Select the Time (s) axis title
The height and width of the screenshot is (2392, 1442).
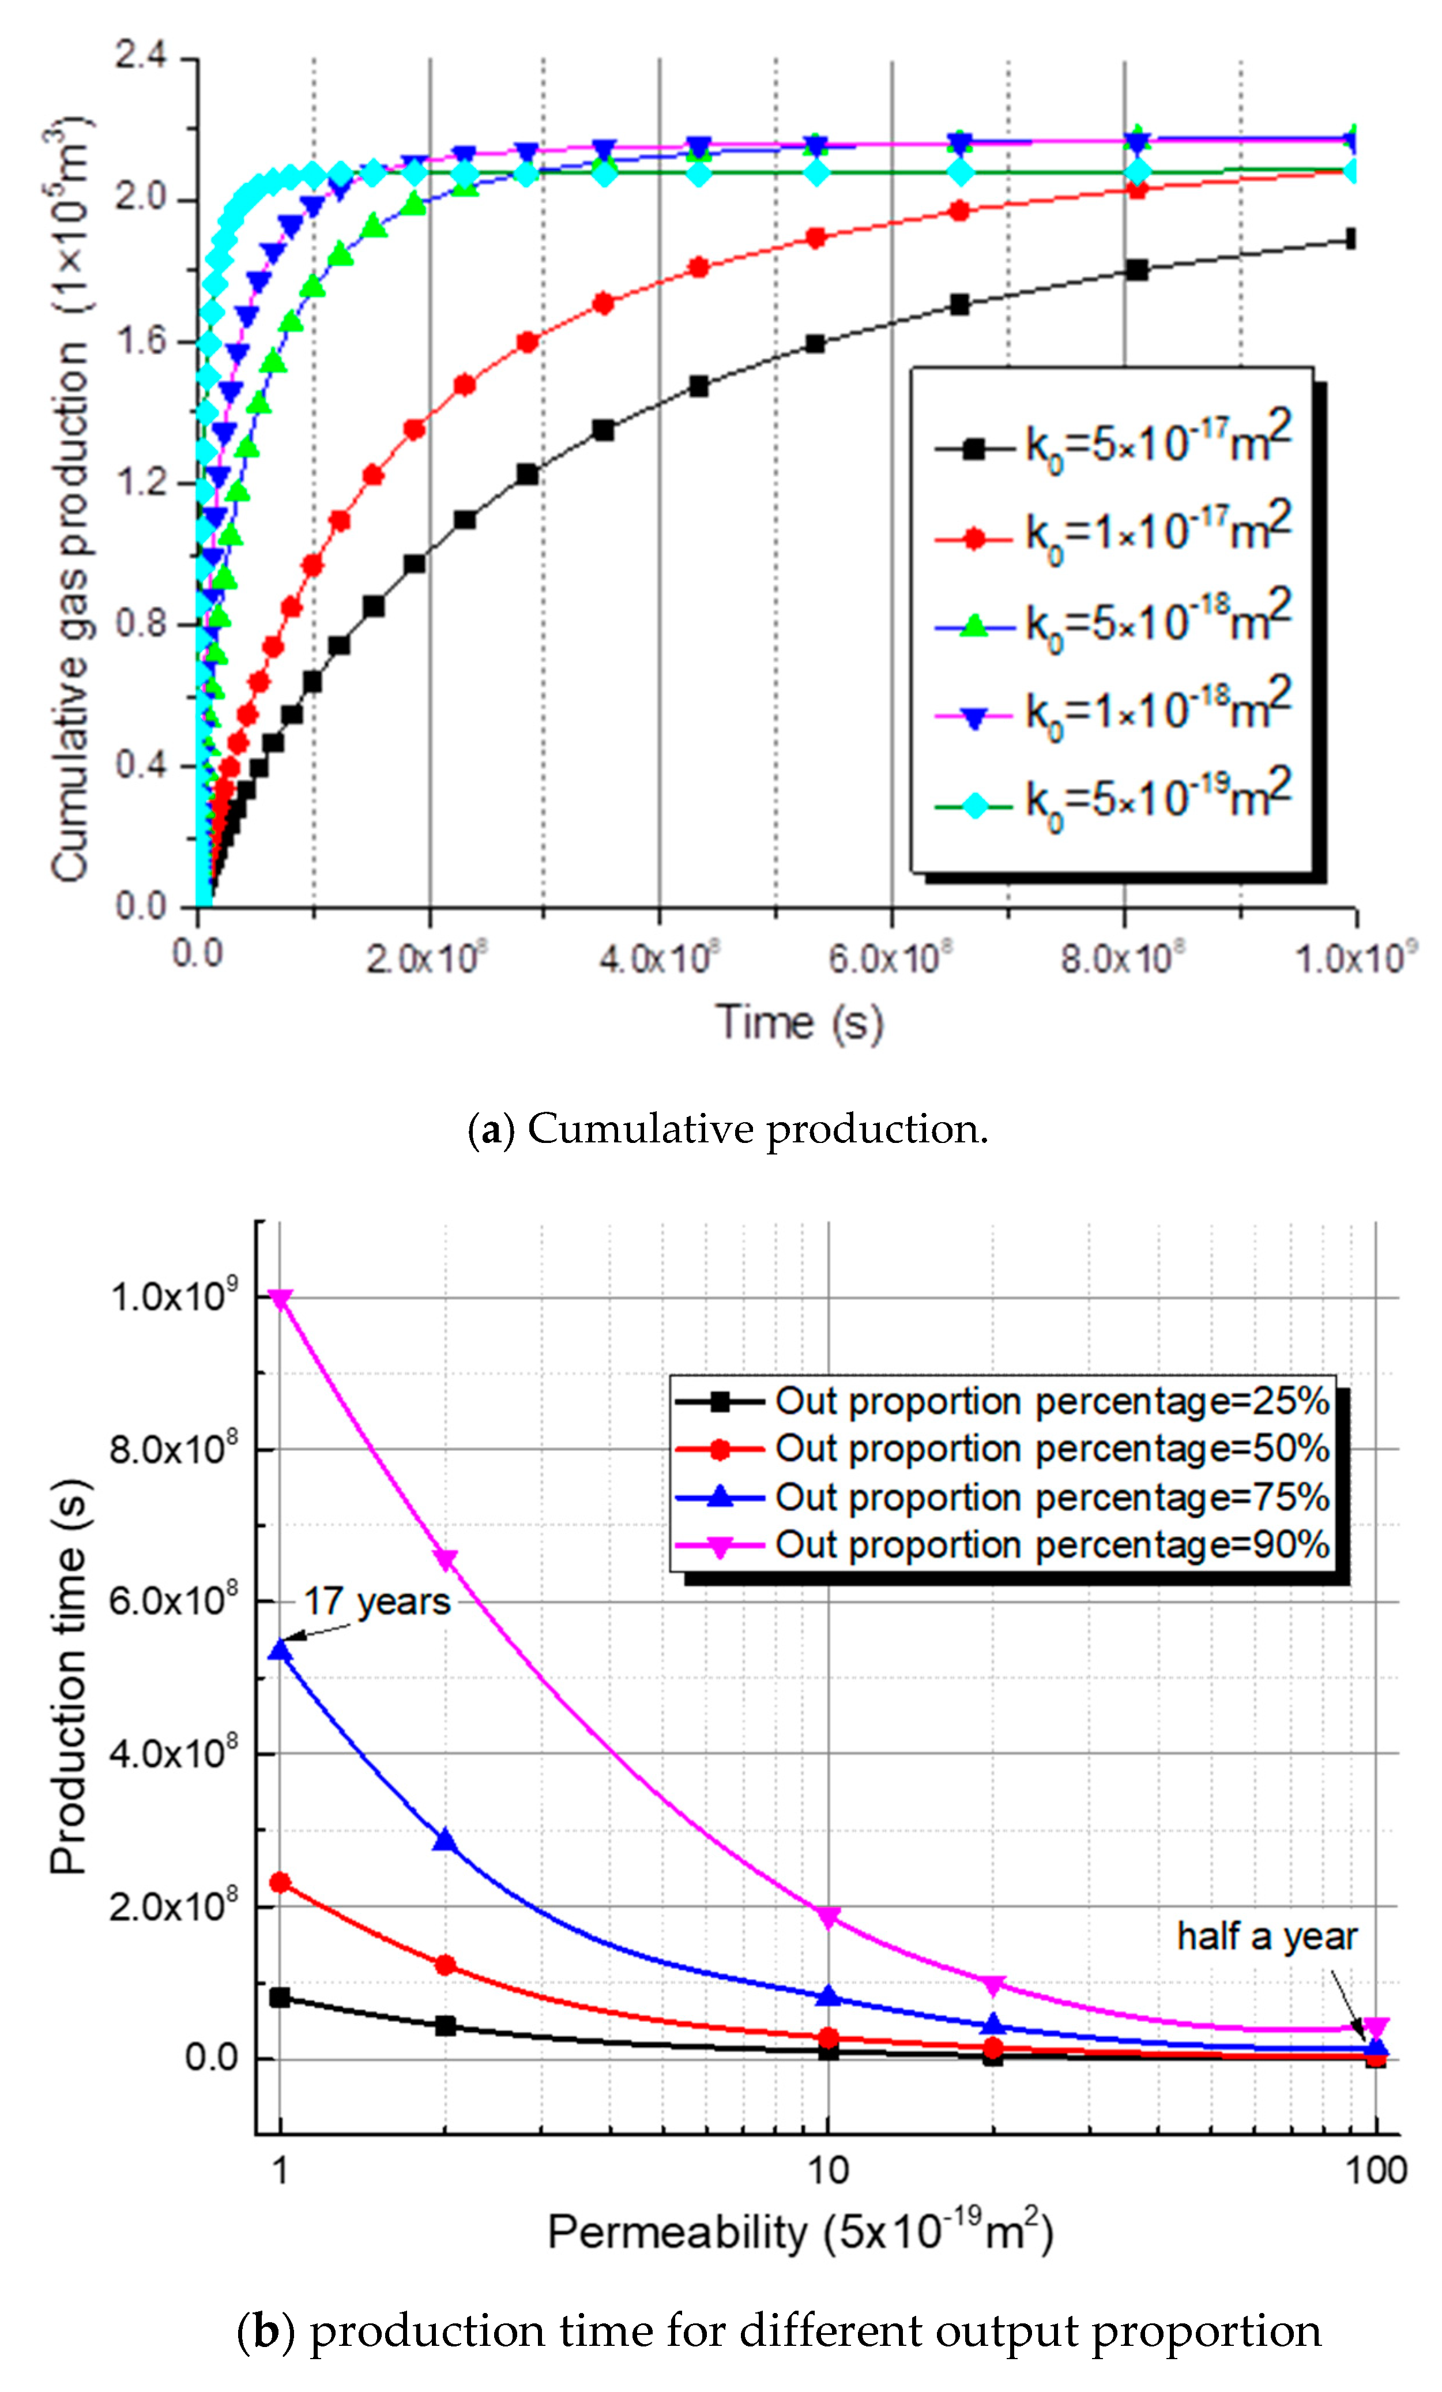(800, 1022)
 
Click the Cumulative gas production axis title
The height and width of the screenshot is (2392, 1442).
(70, 500)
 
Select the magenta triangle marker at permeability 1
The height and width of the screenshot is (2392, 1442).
(280, 1299)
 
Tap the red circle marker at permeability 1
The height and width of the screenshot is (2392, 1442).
(280, 1882)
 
